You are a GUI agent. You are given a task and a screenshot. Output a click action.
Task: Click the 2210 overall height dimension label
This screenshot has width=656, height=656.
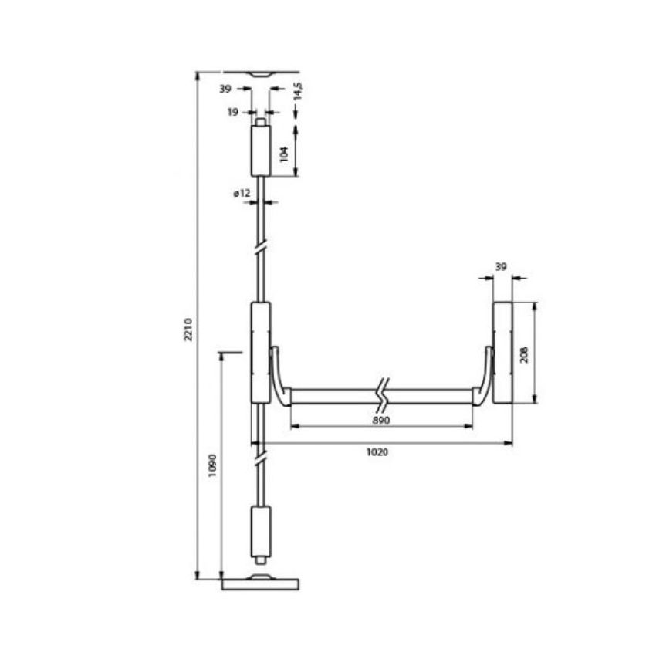point(188,330)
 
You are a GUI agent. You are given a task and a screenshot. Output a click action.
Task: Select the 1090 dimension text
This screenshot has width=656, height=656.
point(213,466)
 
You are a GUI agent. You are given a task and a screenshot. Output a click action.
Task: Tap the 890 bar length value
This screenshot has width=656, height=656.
point(380,420)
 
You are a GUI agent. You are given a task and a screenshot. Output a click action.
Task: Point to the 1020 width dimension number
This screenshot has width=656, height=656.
point(377,452)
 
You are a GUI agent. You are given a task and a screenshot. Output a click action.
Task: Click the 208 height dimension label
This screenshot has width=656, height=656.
point(525,353)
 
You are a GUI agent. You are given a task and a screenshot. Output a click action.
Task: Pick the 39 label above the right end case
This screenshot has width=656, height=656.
point(501,267)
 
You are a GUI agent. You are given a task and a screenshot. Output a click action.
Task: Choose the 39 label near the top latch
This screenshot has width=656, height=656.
point(225,90)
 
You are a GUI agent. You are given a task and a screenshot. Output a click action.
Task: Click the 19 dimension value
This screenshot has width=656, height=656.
point(232,113)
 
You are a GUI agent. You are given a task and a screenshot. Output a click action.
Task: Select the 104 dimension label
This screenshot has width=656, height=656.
point(285,153)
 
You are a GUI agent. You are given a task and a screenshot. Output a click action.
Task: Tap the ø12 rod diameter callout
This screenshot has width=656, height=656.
point(242,194)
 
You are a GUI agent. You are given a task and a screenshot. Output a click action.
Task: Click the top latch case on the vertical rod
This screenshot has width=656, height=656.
point(261,151)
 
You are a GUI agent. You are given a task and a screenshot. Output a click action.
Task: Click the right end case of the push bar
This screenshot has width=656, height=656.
point(503,352)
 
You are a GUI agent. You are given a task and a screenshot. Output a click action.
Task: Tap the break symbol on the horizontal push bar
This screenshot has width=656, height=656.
point(382,396)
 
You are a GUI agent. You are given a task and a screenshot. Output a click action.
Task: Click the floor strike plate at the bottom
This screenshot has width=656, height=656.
point(260,583)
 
